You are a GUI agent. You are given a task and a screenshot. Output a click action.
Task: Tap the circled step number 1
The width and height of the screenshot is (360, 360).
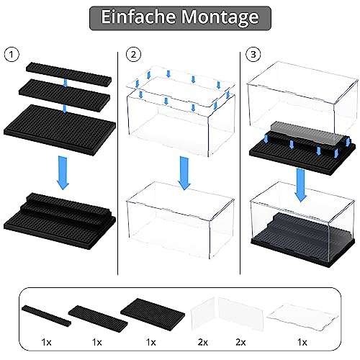9,54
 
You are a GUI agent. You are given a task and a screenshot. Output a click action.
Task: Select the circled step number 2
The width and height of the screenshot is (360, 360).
132,54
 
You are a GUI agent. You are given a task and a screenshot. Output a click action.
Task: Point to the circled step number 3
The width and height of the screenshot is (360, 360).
253,54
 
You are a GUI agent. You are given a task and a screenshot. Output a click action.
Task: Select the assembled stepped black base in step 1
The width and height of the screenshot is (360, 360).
63,212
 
